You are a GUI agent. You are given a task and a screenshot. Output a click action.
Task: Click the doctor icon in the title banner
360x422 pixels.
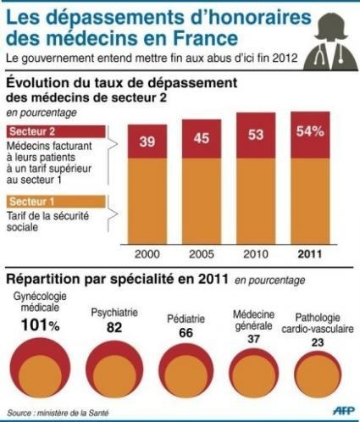pyautogui.click(x=327, y=38)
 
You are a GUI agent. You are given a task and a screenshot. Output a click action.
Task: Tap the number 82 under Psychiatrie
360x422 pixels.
pyautogui.click(x=113, y=326)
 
